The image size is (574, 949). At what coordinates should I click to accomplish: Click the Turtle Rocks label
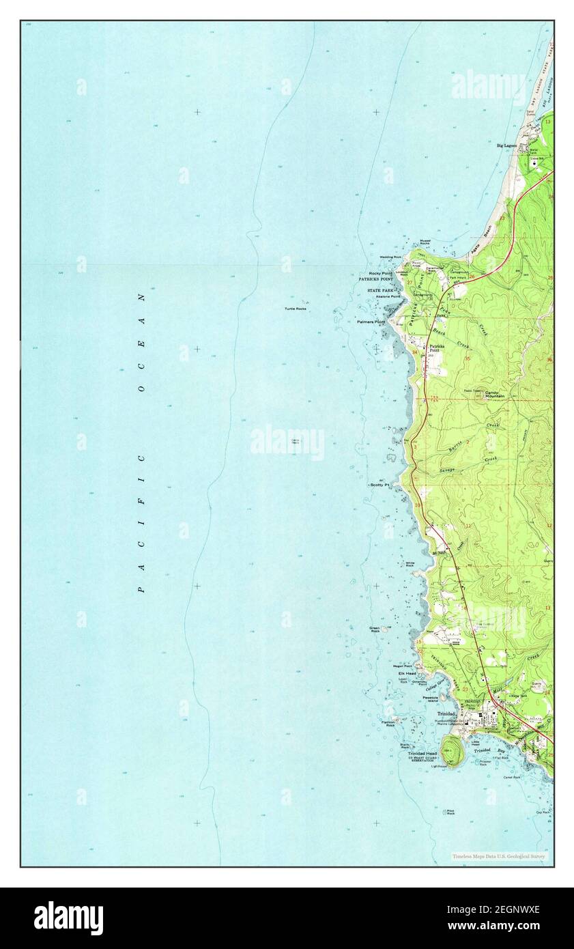296,309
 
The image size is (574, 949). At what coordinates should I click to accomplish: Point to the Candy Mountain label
494,394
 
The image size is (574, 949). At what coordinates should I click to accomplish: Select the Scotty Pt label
379,485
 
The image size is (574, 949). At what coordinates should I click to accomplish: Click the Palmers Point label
371,322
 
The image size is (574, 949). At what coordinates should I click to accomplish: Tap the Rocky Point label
380,273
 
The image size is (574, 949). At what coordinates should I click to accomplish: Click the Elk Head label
407,673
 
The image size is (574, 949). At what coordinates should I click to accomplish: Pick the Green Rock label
375,629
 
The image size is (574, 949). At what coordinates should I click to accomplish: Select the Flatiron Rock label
390,724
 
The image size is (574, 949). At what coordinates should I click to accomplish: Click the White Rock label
410,564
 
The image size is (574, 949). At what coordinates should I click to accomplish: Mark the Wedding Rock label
390,257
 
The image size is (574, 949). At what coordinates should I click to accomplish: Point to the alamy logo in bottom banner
68,918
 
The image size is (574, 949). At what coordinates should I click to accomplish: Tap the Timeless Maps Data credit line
499,856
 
